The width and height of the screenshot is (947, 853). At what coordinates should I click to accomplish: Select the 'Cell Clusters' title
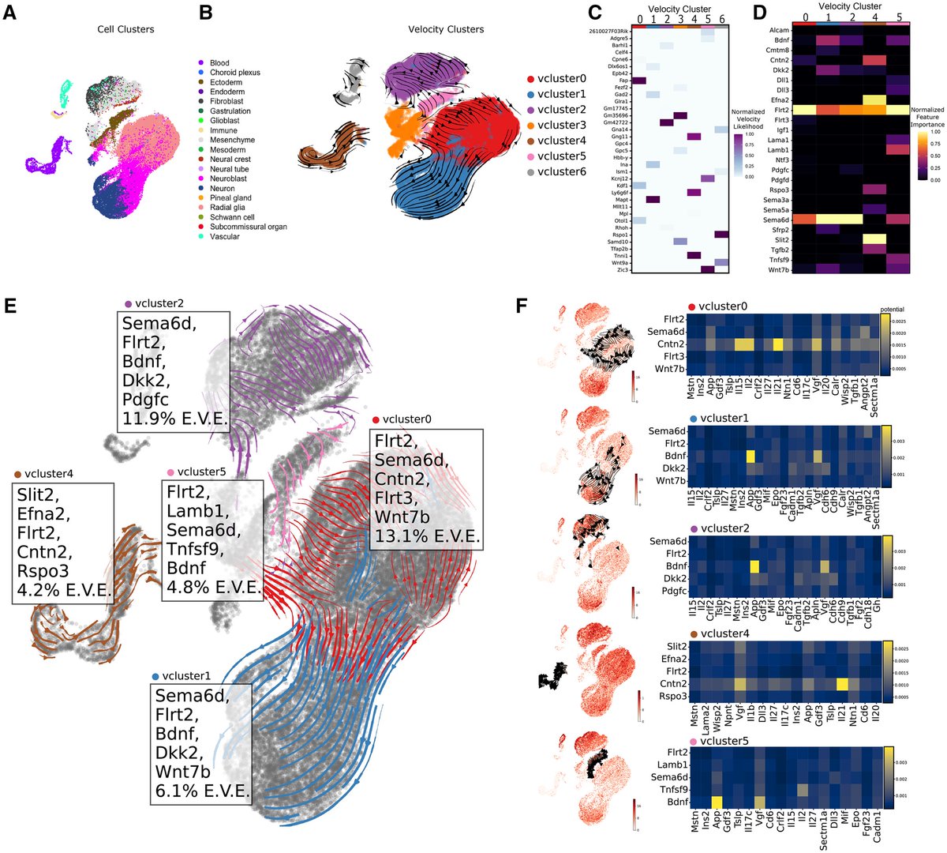pos(126,29)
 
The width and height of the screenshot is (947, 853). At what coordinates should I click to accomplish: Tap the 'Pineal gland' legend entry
pos(230,198)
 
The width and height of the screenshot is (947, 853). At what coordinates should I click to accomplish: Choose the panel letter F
pos(521,304)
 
